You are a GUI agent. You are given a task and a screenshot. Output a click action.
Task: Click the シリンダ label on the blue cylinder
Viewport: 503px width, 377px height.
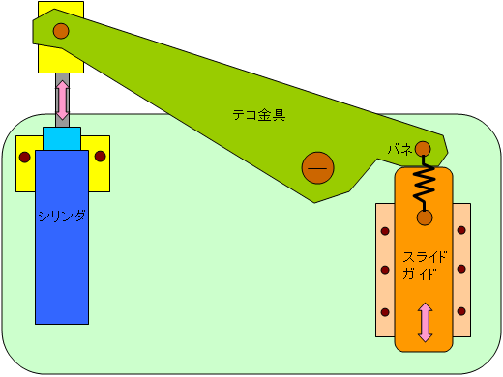(62, 216)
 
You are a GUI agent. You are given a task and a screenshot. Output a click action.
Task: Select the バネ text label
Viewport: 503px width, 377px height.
(399, 149)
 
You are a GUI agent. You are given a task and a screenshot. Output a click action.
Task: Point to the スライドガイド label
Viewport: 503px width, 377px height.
(425, 264)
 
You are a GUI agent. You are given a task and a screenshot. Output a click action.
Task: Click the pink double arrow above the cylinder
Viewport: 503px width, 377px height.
(63, 101)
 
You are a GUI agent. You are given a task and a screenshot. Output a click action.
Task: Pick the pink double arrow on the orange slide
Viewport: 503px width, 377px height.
(425, 322)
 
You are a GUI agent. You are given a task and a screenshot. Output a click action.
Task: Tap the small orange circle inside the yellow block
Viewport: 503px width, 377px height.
(61, 31)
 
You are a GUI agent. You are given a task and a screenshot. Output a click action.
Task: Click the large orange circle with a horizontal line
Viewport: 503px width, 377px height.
(317, 168)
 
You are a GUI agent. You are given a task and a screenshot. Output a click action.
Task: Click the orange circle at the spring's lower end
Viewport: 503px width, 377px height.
(424, 217)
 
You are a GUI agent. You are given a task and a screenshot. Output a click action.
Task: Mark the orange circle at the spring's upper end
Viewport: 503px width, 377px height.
(423, 148)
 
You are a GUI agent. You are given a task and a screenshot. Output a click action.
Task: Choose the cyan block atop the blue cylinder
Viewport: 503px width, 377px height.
(62, 139)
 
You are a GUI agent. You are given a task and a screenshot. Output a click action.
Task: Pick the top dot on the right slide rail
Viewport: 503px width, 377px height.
(461, 230)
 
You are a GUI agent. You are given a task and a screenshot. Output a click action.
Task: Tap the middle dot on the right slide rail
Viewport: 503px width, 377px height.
(461, 271)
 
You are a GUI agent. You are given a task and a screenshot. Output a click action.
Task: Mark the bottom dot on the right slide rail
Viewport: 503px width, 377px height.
(461, 311)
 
